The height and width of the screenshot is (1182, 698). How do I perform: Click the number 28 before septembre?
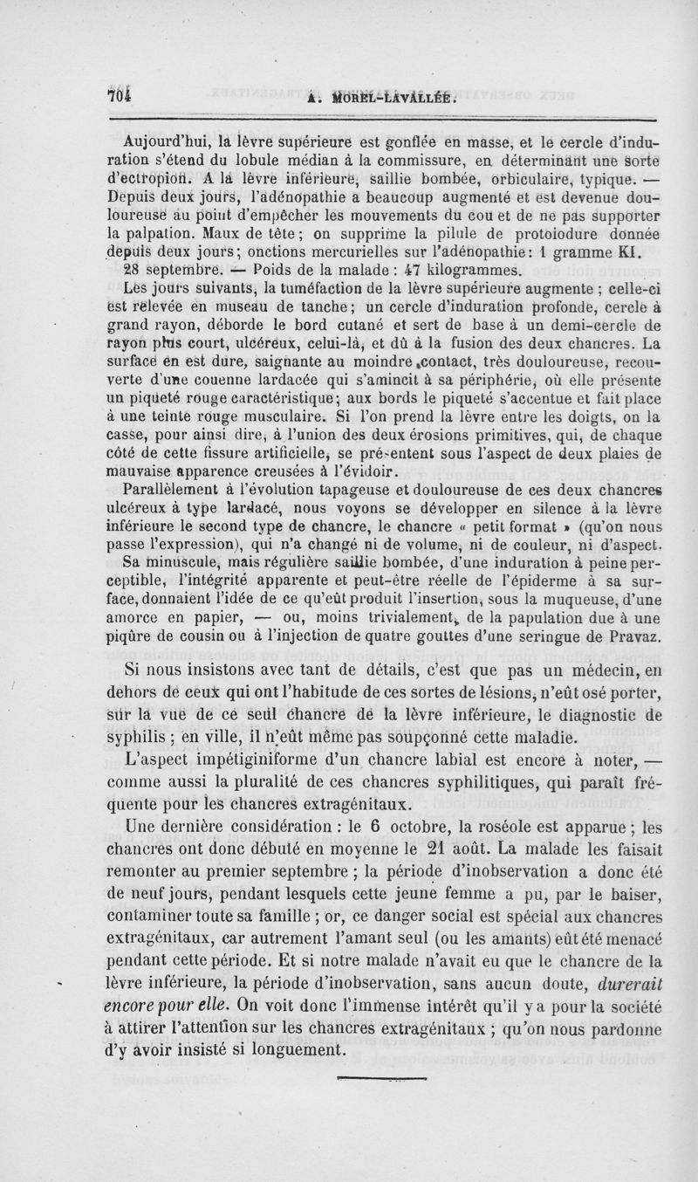point(136,271)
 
